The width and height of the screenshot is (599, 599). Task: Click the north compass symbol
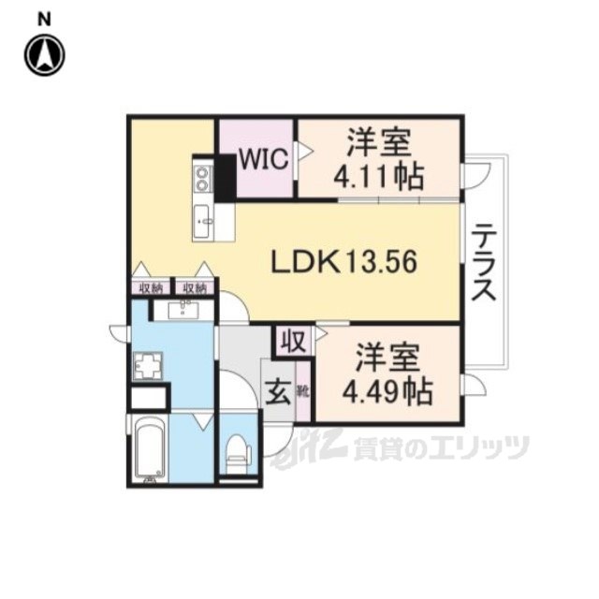43,55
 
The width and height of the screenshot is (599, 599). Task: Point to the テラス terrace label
483,263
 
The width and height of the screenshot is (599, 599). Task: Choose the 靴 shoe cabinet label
304,388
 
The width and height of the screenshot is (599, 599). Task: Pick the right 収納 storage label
195,288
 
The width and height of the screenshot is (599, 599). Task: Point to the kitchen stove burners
202,176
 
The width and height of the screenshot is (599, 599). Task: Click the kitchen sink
203,222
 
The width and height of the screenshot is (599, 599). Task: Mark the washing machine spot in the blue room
148,364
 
